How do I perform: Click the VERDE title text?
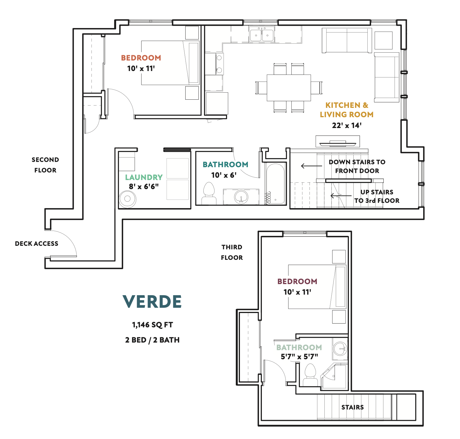[x=152, y=302]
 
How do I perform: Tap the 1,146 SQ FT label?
[x=152, y=325]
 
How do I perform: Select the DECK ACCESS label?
[x=37, y=243]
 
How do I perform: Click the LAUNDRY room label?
[x=144, y=177]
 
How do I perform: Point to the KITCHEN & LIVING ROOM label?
[x=347, y=110]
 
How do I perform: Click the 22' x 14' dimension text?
[x=347, y=125]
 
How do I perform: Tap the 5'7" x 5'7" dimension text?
[x=299, y=357]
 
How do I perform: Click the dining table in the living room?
[x=289, y=88]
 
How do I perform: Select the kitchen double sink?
[x=262, y=34]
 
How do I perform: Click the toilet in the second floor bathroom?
[x=209, y=193]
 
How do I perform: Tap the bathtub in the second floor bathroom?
[x=275, y=184]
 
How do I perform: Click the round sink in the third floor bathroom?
[x=340, y=349]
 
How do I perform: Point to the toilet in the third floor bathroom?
[x=310, y=375]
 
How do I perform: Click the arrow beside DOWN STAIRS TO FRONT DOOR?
[x=312, y=166]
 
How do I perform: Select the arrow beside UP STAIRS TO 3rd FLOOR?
[x=341, y=196]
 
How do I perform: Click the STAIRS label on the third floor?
[x=352, y=407]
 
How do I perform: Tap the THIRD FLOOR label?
[x=232, y=252]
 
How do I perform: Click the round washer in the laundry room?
[x=127, y=199]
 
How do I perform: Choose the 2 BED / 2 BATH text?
[x=152, y=340]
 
